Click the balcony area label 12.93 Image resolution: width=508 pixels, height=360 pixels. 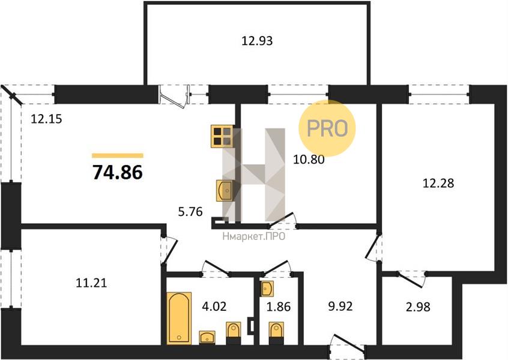pos(257,41)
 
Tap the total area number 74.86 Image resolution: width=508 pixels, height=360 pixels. pos(118,172)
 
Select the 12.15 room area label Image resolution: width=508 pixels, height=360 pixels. pos(46,119)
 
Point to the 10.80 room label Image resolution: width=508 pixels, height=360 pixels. pos(309,160)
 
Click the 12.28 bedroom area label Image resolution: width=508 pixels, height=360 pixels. pos(439,184)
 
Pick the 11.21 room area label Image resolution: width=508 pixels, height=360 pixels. pos(91,283)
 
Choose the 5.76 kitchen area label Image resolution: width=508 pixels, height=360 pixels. pos(190,212)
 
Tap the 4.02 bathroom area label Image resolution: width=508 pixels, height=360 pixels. pos(214,306)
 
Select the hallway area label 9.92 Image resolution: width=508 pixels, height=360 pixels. pos(340,306)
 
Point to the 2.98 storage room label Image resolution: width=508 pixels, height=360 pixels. pos(419,307)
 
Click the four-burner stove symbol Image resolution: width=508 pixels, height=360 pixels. pos(222,136)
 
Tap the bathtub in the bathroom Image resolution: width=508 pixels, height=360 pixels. pos(179,318)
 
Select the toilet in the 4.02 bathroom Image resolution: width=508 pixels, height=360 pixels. pos(233,333)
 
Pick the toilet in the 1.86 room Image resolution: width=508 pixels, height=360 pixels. pos(276,333)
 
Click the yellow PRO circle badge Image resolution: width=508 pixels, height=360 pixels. pos(327,128)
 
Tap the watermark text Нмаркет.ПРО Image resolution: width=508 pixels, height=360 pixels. pos(254,236)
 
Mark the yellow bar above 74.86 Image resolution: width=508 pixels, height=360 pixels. pos(118,156)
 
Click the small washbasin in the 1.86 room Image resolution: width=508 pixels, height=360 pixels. pos(267,289)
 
